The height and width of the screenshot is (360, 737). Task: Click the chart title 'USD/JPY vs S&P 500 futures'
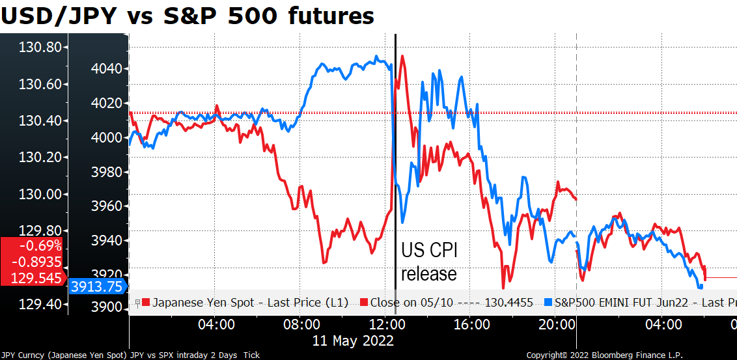(188, 15)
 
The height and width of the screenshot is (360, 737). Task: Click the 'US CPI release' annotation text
(428, 262)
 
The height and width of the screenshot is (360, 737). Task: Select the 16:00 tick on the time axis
(471, 324)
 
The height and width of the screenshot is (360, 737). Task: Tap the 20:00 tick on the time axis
(555, 324)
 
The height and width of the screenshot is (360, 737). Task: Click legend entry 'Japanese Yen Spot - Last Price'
(245, 303)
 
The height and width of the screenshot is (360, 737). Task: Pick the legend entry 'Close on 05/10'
(449, 303)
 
